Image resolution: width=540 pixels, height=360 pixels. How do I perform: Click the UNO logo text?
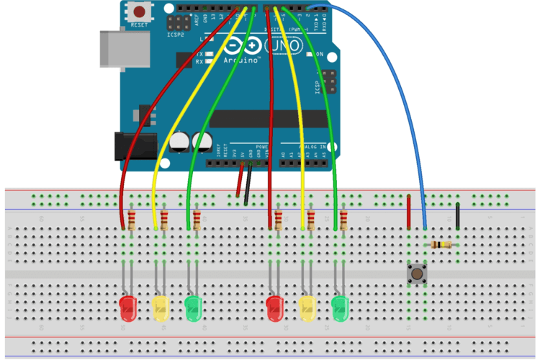pyautogui.click(x=284, y=47)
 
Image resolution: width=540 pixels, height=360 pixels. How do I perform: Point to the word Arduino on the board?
pyautogui.click(x=240, y=60)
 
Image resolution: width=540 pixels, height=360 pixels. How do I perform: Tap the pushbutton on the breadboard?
pyautogui.click(x=415, y=273)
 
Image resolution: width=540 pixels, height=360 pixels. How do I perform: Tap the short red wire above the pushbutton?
pyautogui.click(x=409, y=210)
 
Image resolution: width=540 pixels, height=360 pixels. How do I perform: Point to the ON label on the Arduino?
pyautogui.click(x=319, y=54)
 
